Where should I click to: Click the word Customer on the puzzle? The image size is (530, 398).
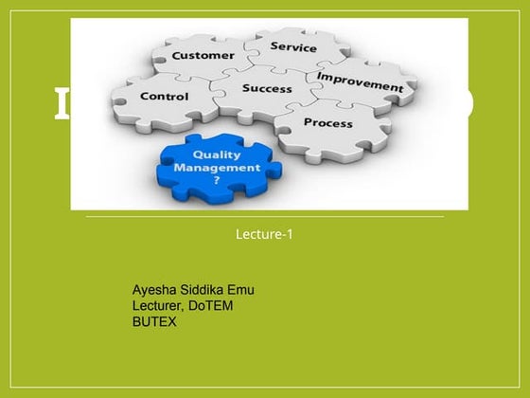click(203, 55)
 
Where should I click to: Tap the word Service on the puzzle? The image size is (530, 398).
click(293, 45)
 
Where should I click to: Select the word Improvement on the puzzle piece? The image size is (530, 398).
click(359, 81)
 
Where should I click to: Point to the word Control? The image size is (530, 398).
click(164, 96)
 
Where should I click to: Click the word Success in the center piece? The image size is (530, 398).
click(267, 88)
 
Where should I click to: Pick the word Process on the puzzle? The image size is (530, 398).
click(327, 122)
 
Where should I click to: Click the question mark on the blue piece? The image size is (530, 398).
click(216, 179)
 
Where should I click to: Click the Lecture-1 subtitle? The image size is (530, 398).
click(264, 233)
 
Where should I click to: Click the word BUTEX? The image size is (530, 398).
click(154, 321)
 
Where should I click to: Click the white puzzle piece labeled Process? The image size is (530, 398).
click(331, 128)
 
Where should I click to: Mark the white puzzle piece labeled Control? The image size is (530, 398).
click(161, 99)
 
